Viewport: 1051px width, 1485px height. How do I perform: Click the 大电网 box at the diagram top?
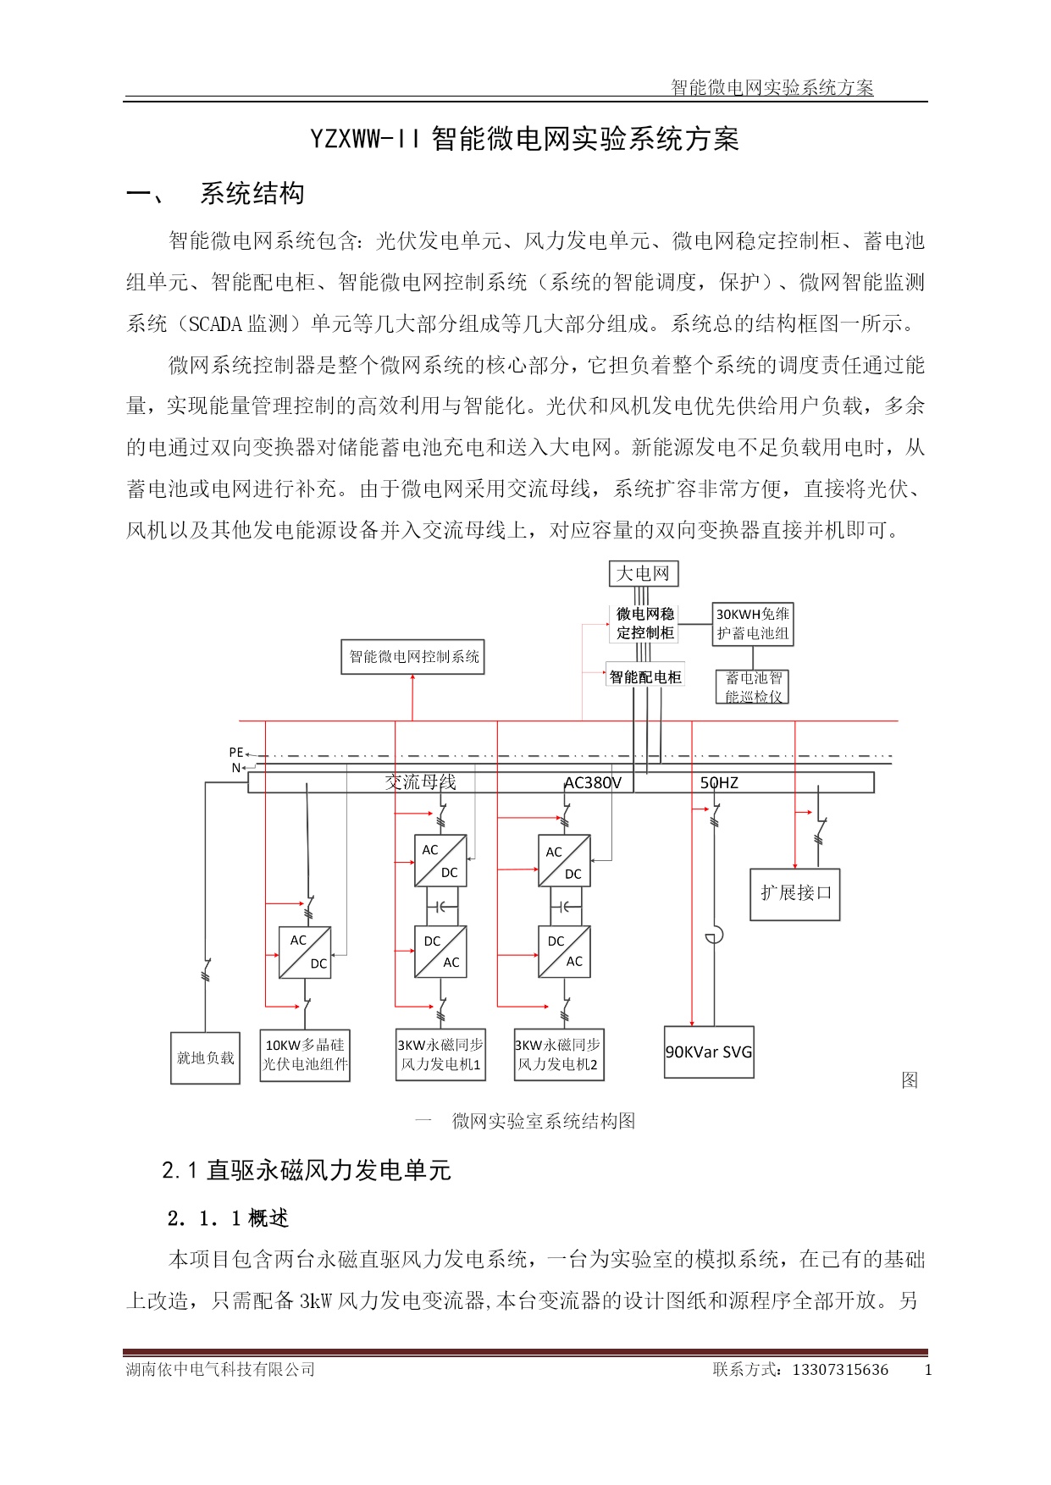tap(644, 573)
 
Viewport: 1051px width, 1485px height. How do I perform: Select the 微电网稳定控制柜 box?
tap(644, 623)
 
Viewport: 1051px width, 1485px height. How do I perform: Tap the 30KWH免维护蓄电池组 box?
tap(753, 624)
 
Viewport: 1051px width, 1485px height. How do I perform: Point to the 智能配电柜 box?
tap(645, 676)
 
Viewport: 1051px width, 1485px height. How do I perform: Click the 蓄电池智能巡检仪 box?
tap(754, 687)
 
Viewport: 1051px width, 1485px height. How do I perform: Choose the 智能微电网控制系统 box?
tap(413, 657)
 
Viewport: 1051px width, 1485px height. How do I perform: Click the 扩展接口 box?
tap(795, 894)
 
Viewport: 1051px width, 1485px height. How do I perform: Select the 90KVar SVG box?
tap(709, 1052)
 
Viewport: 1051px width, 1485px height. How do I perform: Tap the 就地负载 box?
tap(206, 1058)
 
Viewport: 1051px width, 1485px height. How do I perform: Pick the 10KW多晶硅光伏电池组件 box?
tap(305, 1055)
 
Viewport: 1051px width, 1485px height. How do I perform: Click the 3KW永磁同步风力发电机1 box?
tap(440, 1055)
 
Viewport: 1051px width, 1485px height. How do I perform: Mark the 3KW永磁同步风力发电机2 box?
tap(559, 1055)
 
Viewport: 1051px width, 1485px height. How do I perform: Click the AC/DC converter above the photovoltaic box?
tap(305, 952)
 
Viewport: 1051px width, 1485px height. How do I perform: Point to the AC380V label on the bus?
tap(593, 783)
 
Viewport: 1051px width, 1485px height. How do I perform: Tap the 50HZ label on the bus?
tap(719, 783)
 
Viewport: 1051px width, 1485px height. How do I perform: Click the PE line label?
tap(236, 752)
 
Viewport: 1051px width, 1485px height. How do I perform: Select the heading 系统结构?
tap(252, 194)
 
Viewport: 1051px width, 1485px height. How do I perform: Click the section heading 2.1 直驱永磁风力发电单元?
tap(307, 1170)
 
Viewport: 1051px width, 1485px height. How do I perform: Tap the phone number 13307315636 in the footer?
tap(840, 1370)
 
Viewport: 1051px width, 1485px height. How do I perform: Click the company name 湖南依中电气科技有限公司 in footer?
tap(220, 1370)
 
